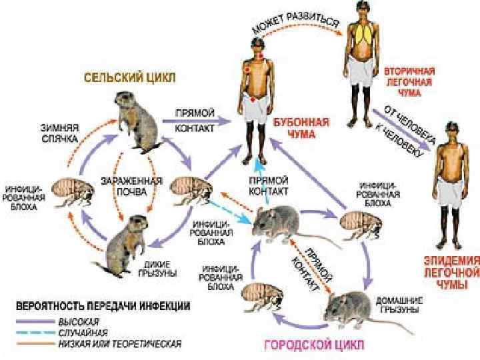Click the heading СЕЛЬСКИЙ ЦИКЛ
click(x=129, y=77)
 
